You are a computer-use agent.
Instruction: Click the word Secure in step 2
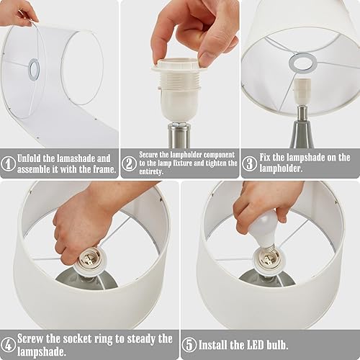pyautogui.click(x=153, y=154)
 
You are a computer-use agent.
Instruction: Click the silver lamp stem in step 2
pyautogui.click(x=179, y=135)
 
